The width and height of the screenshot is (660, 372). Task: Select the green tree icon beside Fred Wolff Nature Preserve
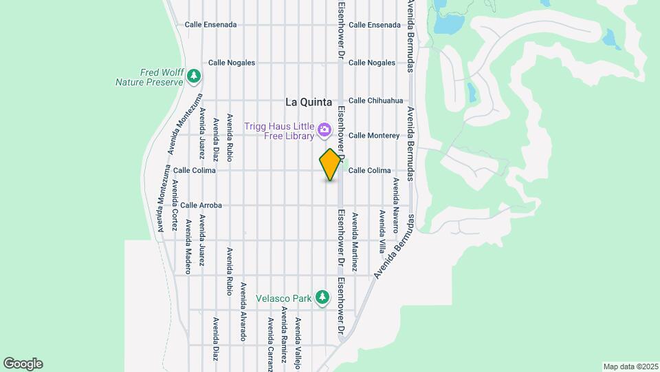195,74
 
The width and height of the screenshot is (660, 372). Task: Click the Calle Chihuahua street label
375,101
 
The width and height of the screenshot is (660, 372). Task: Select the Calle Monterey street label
374,136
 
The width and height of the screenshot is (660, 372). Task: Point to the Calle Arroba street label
201,205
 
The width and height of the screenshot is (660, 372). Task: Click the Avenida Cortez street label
175,205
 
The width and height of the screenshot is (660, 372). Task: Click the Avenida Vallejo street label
298,343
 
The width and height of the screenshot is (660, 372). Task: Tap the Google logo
23,364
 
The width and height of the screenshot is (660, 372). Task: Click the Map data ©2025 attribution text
630,366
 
